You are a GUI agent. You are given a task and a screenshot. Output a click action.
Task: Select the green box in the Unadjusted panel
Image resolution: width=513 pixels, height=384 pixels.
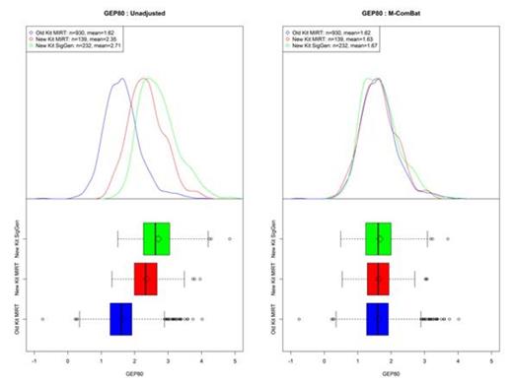(157, 238)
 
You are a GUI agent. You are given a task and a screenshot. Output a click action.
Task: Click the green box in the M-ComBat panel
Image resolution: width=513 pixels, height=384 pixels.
(379, 238)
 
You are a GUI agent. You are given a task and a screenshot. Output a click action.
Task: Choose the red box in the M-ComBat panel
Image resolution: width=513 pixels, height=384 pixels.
(378, 280)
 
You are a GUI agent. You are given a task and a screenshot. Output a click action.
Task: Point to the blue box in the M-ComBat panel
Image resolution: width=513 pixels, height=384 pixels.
(378, 319)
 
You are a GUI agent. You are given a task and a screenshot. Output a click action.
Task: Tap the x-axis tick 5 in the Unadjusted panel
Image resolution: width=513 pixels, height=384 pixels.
(235, 362)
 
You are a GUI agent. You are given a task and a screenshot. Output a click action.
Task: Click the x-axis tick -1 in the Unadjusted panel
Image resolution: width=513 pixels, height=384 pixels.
(36, 362)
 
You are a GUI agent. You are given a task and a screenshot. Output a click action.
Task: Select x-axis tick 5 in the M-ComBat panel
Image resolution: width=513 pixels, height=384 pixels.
(492, 362)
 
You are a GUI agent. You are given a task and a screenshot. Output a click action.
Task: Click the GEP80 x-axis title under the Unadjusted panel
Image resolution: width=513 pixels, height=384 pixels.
(135, 375)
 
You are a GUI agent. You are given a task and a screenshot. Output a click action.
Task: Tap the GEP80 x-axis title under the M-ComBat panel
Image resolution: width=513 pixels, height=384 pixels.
(392, 375)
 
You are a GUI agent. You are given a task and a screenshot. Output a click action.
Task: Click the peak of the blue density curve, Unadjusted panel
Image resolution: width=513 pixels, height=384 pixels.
(121, 79)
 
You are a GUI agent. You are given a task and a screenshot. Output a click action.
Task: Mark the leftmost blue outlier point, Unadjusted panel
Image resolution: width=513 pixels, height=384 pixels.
(42, 319)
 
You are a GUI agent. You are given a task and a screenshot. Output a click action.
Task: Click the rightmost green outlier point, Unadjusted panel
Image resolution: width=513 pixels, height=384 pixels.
(229, 238)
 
